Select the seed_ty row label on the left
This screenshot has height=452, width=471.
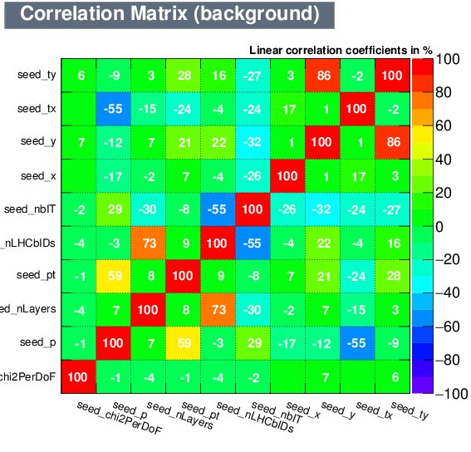(37, 76)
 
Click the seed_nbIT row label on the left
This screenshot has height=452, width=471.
(31, 209)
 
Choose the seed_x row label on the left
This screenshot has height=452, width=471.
(38, 175)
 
